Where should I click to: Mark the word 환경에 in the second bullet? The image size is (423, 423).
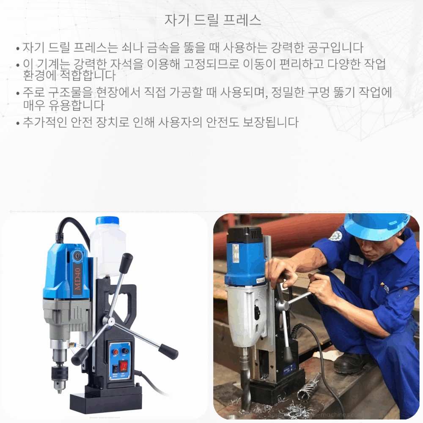click(39, 76)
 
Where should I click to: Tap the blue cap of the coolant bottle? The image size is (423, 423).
click(107, 221)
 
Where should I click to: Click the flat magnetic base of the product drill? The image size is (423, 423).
click(106, 398)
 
